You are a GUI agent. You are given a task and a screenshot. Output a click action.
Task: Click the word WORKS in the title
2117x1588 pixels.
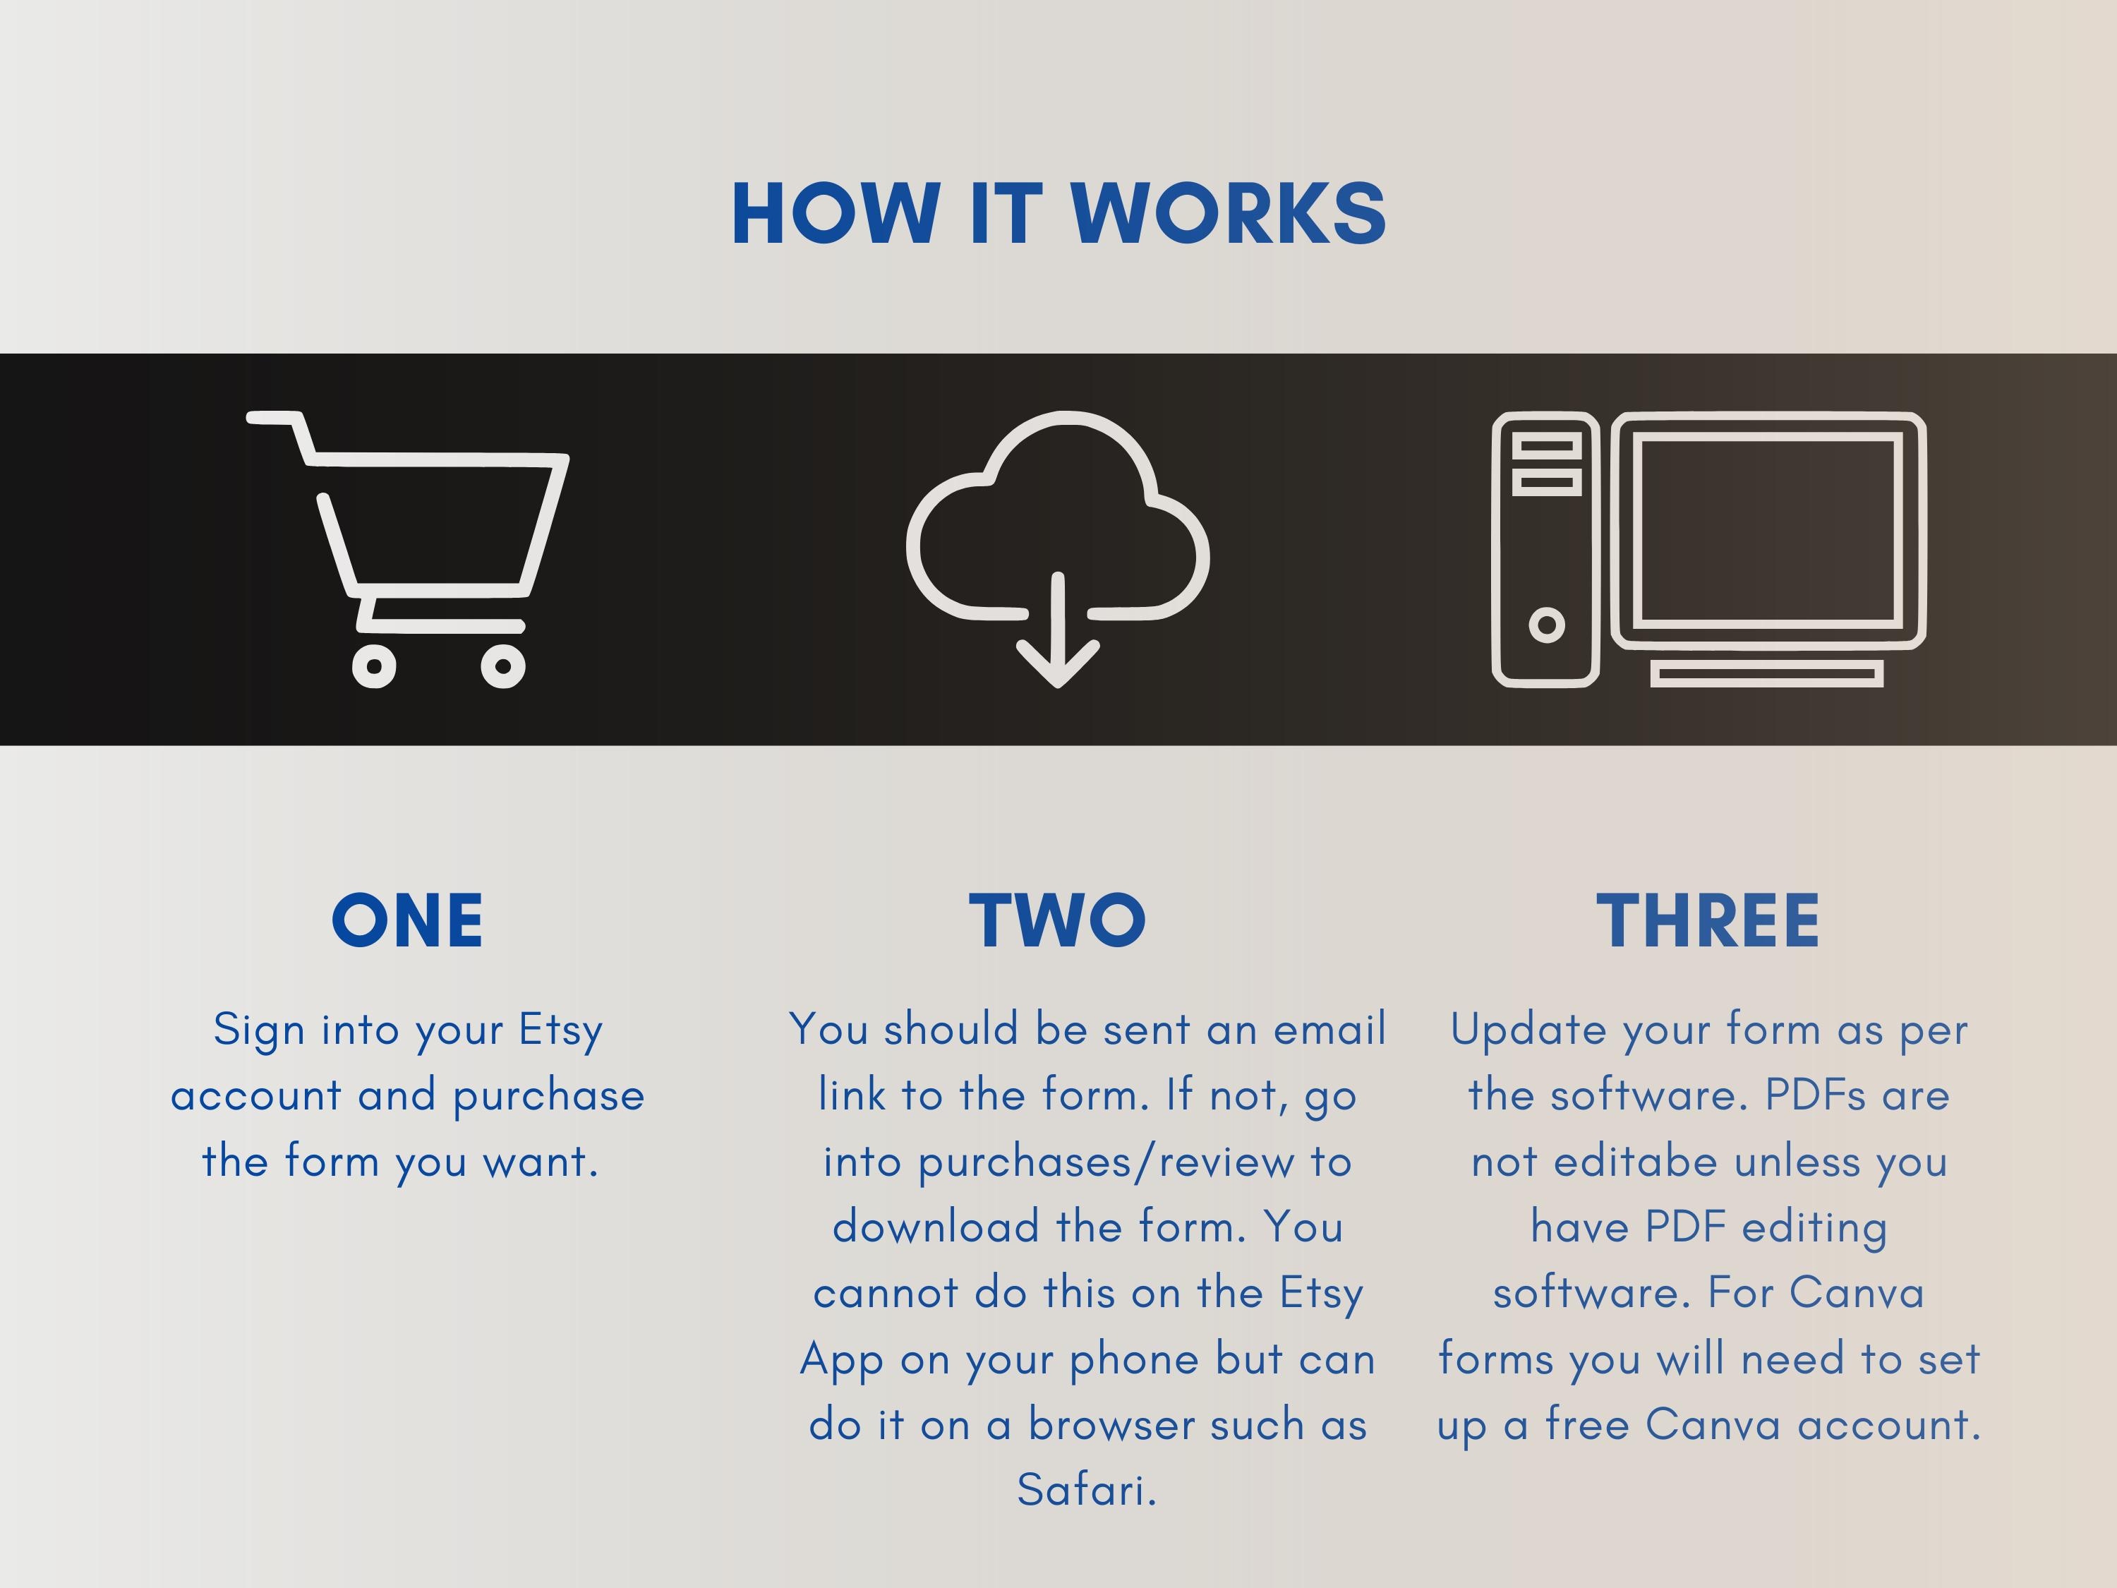point(1229,212)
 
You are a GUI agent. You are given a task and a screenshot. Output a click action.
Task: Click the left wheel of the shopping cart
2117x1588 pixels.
point(374,666)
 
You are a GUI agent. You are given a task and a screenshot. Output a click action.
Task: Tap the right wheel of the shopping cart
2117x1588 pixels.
point(502,666)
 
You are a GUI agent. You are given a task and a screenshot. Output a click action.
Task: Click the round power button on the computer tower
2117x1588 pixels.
point(1547,625)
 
